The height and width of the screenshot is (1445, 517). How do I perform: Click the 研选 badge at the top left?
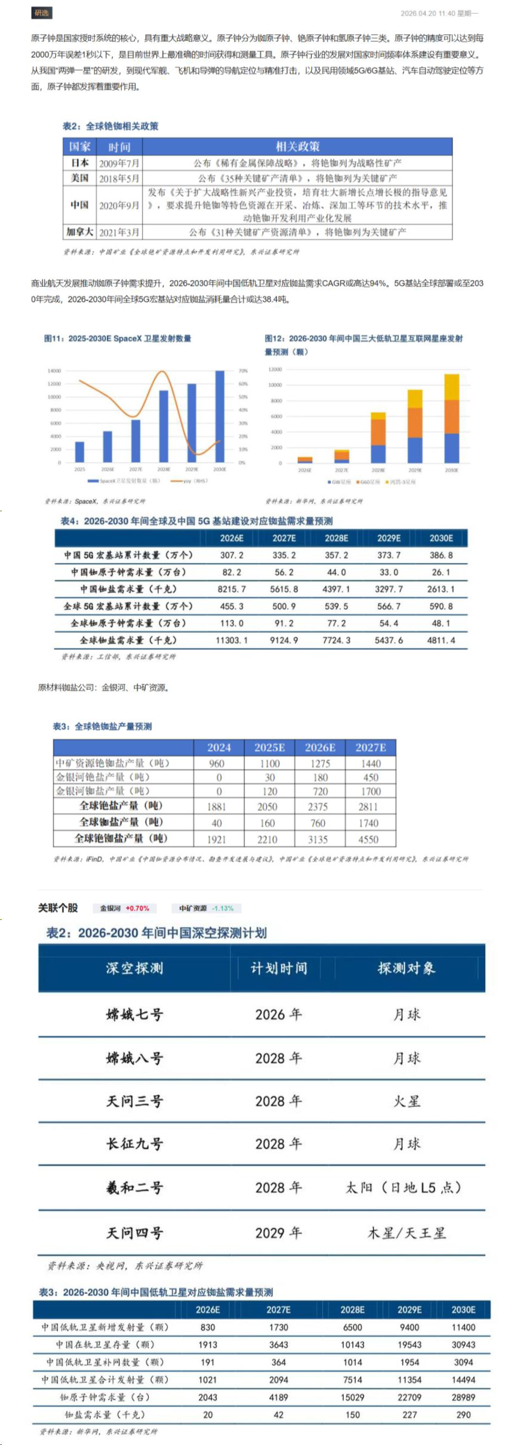pos(41,13)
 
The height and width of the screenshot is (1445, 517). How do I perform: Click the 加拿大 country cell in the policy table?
pos(79,232)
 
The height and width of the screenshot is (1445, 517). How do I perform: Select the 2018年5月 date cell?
pos(119,178)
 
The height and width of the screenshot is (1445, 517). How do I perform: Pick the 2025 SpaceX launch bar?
pos(79,452)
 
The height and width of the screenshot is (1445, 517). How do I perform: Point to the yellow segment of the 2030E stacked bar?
pos(452,387)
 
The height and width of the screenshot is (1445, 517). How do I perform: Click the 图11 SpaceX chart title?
pos(118,338)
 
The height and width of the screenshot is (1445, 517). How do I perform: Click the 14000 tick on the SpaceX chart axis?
pos(54,370)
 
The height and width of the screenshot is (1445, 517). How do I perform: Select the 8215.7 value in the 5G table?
pos(232,589)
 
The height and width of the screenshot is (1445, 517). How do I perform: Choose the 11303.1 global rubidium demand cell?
pos(232,640)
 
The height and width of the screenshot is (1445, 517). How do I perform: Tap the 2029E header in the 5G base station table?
pos(389,538)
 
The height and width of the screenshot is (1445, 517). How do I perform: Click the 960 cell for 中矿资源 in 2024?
pos(217,764)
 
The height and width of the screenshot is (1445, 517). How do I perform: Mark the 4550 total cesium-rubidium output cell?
pos(368,839)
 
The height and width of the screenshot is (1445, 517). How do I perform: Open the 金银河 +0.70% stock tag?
pos(124,908)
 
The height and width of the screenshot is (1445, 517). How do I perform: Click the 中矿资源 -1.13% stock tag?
pos(206,908)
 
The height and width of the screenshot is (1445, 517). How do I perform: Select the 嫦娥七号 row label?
pos(134,1014)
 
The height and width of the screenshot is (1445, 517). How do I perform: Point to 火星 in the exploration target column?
pos(407,1101)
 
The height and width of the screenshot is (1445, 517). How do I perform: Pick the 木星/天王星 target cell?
pos(407,1233)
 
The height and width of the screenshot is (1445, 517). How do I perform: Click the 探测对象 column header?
pos(407,968)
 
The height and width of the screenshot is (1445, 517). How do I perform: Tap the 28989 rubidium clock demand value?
pos(463,1397)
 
